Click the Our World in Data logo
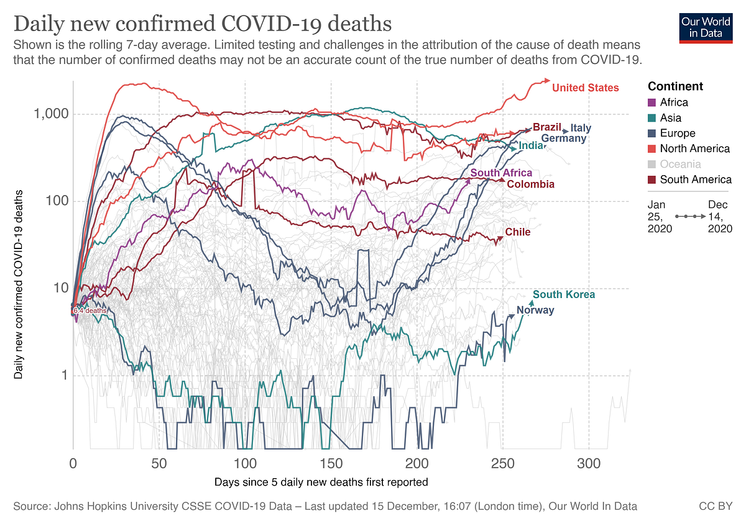(x=706, y=28)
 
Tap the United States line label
(x=585, y=88)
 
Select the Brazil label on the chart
(x=547, y=127)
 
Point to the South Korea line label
(x=563, y=294)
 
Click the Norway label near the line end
(x=535, y=310)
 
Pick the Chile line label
(x=517, y=232)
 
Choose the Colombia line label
(x=530, y=184)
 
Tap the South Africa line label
(x=501, y=173)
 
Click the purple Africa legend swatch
(x=652, y=102)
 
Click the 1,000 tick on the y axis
(x=51, y=114)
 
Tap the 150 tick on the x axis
(x=331, y=463)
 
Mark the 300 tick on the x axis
(x=589, y=463)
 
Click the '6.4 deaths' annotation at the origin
(x=90, y=311)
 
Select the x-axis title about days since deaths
(x=321, y=482)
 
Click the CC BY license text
(x=716, y=506)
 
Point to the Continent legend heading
(x=675, y=86)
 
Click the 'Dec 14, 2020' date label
(x=720, y=217)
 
